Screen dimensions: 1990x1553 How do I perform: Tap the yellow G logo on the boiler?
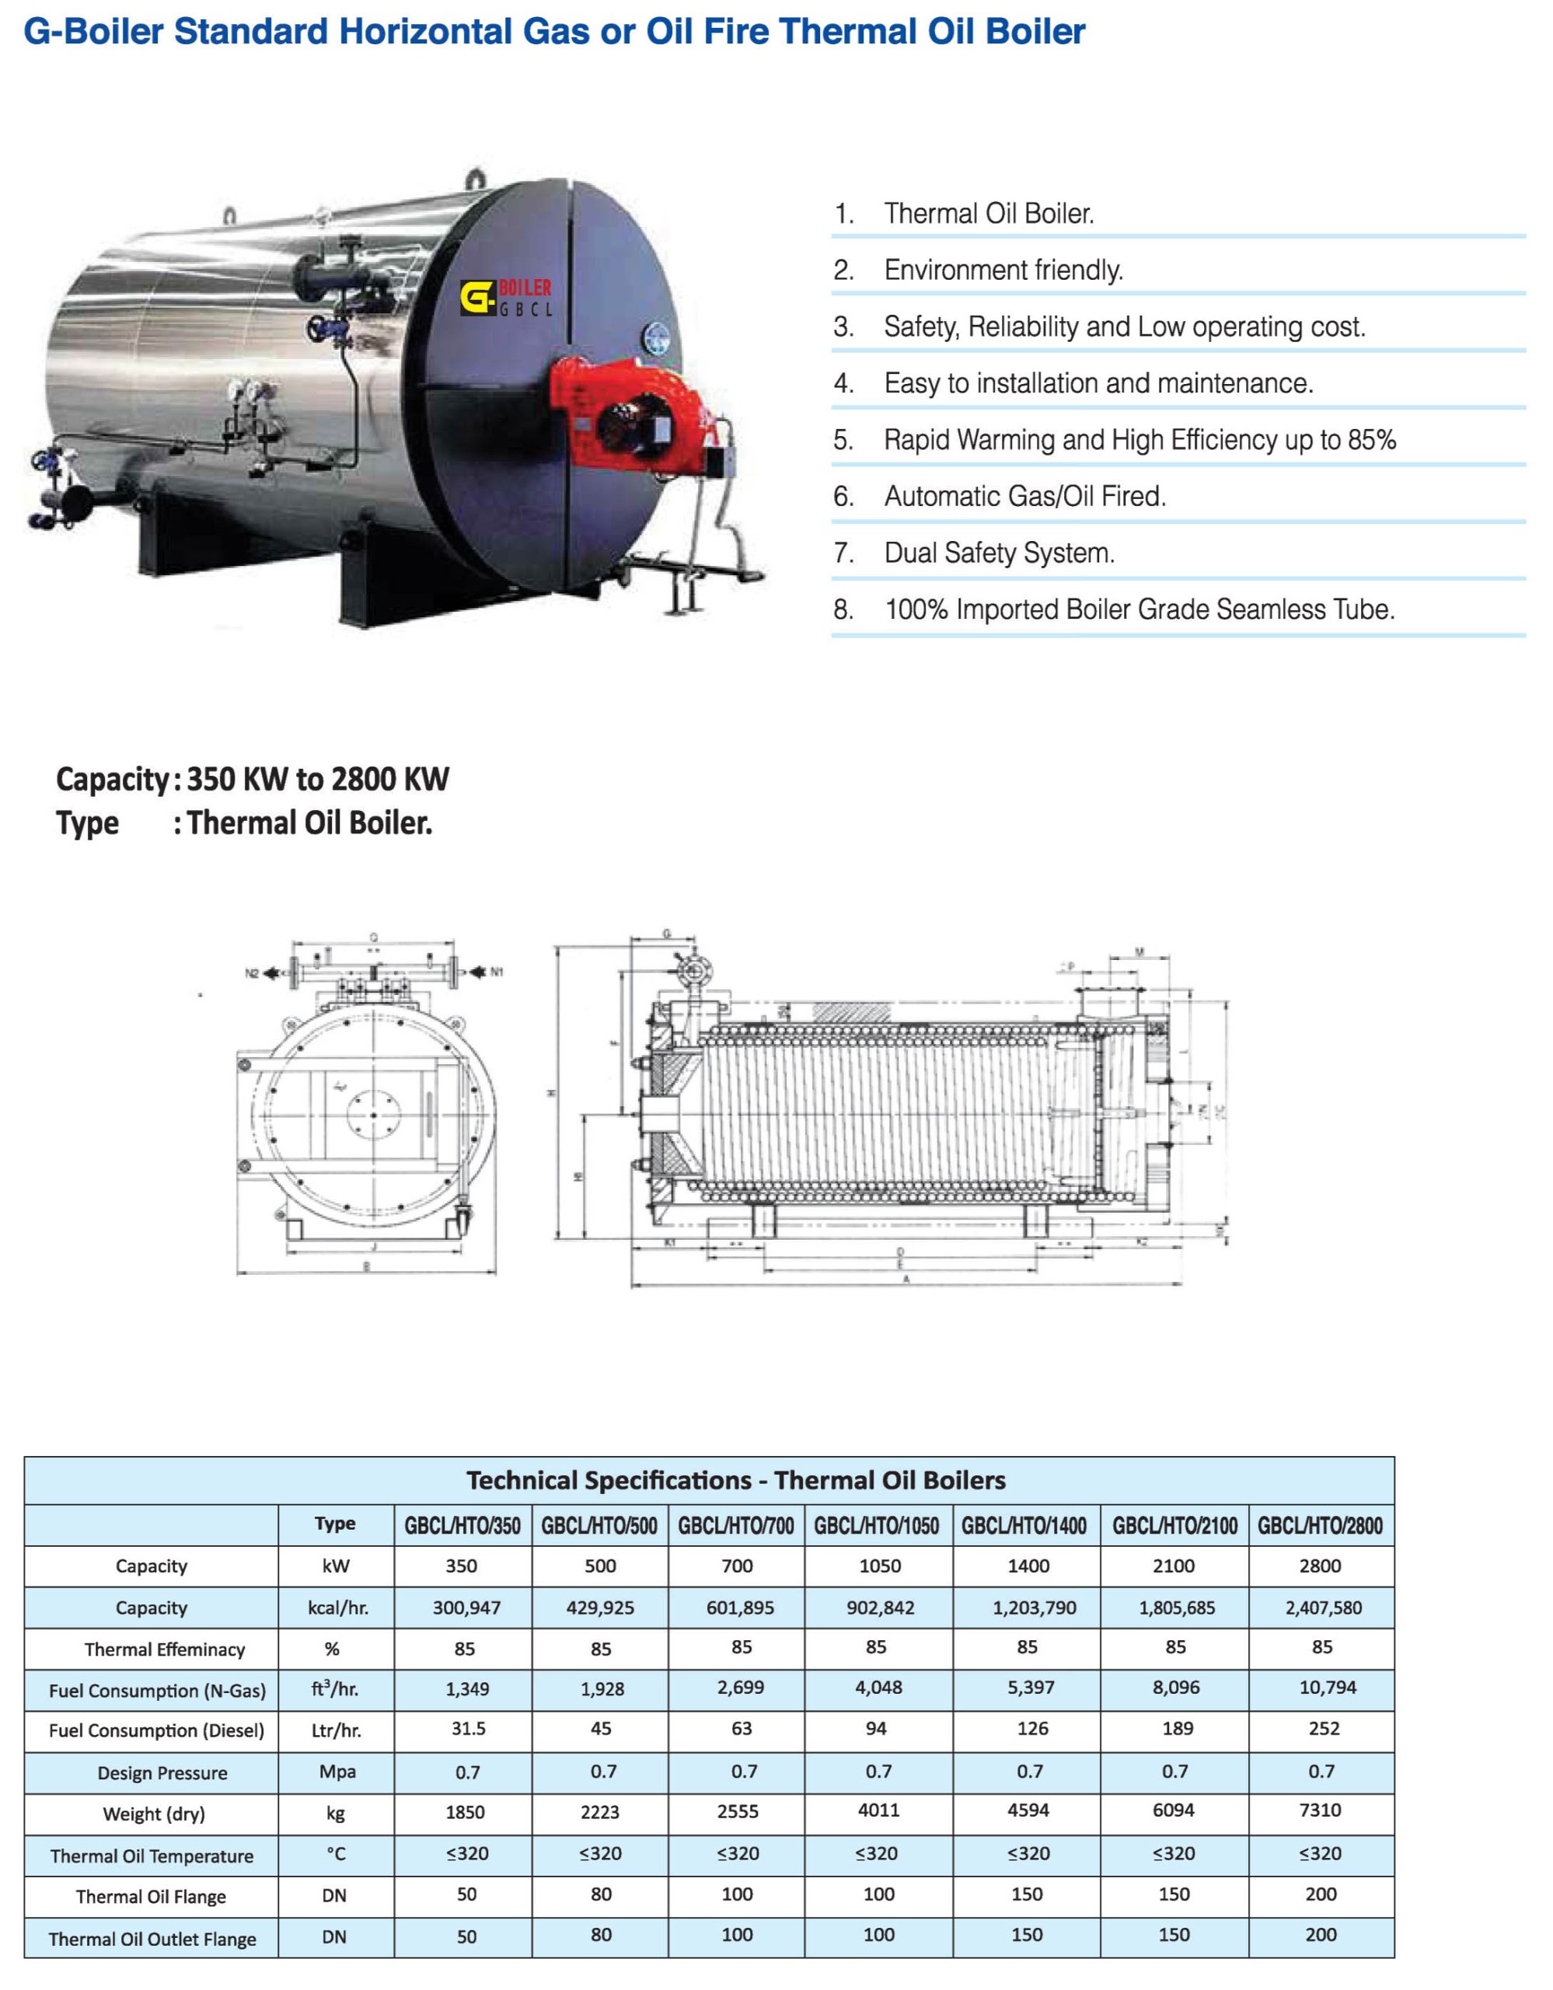pyautogui.click(x=476, y=297)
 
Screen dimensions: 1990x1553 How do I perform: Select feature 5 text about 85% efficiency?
pyautogui.click(x=1139, y=440)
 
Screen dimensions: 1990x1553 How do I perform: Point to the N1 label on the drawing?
pyautogui.click(x=497, y=972)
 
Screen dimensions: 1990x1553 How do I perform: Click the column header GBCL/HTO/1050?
pyautogui.click(x=876, y=1525)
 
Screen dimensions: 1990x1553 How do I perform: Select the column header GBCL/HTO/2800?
pyautogui.click(x=1320, y=1525)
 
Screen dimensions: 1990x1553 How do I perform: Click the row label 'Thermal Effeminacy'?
pyautogui.click(x=165, y=1650)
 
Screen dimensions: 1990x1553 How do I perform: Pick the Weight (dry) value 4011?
pyautogui.click(x=878, y=1810)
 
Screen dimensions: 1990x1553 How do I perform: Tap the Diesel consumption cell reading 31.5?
pyautogui.click(x=468, y=1729)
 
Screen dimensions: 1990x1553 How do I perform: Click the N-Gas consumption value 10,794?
pyautogui.click(x=1327, y=1688)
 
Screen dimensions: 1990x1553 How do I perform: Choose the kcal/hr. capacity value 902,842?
pyautogui.click(x=880, y=1608)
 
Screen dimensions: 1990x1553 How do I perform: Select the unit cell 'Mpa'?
pyautogui.click(x=337, y=1772)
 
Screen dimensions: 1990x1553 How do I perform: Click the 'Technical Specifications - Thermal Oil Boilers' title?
pyautogui.click(x=736, y=1481)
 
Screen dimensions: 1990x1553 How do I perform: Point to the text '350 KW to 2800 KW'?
pyautogui.click(x=318, y=779)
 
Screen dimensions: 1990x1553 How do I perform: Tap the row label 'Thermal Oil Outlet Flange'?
pyautogui.click(x=152, y=1939)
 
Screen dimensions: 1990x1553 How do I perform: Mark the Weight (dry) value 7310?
pyautogui.click(x=1320, y=1810)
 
